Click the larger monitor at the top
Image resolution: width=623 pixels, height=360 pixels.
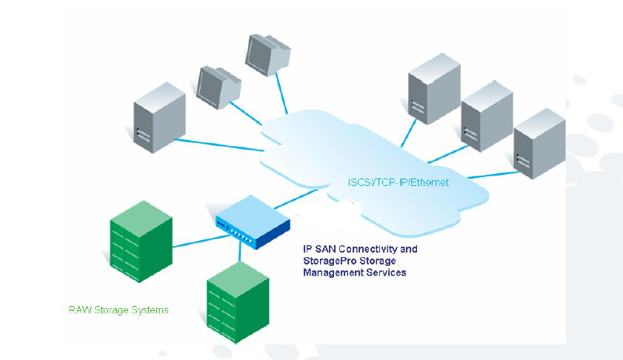coord(264,54)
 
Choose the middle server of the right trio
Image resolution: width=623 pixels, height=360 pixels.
coord(486,115)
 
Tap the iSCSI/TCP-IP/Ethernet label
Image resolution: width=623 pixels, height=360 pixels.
coord(398,181)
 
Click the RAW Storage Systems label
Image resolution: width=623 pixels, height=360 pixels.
coord(119,310)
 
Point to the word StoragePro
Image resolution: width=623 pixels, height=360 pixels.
coord(330,261)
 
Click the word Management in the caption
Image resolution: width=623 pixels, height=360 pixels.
coord(335,273)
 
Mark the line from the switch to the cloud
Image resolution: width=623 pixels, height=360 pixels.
coord(296,199)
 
